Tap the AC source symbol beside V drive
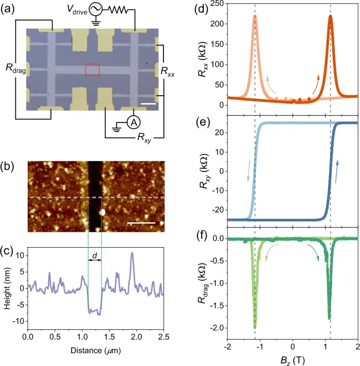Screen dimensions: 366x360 click(96, 8)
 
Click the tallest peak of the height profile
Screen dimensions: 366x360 click(132, 253)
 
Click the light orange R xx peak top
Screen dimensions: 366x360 click(255, 16)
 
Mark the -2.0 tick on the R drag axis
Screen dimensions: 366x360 click(217, 328)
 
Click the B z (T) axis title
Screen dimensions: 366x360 click(293, 359)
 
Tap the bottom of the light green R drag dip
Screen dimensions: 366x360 click(255, 327)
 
